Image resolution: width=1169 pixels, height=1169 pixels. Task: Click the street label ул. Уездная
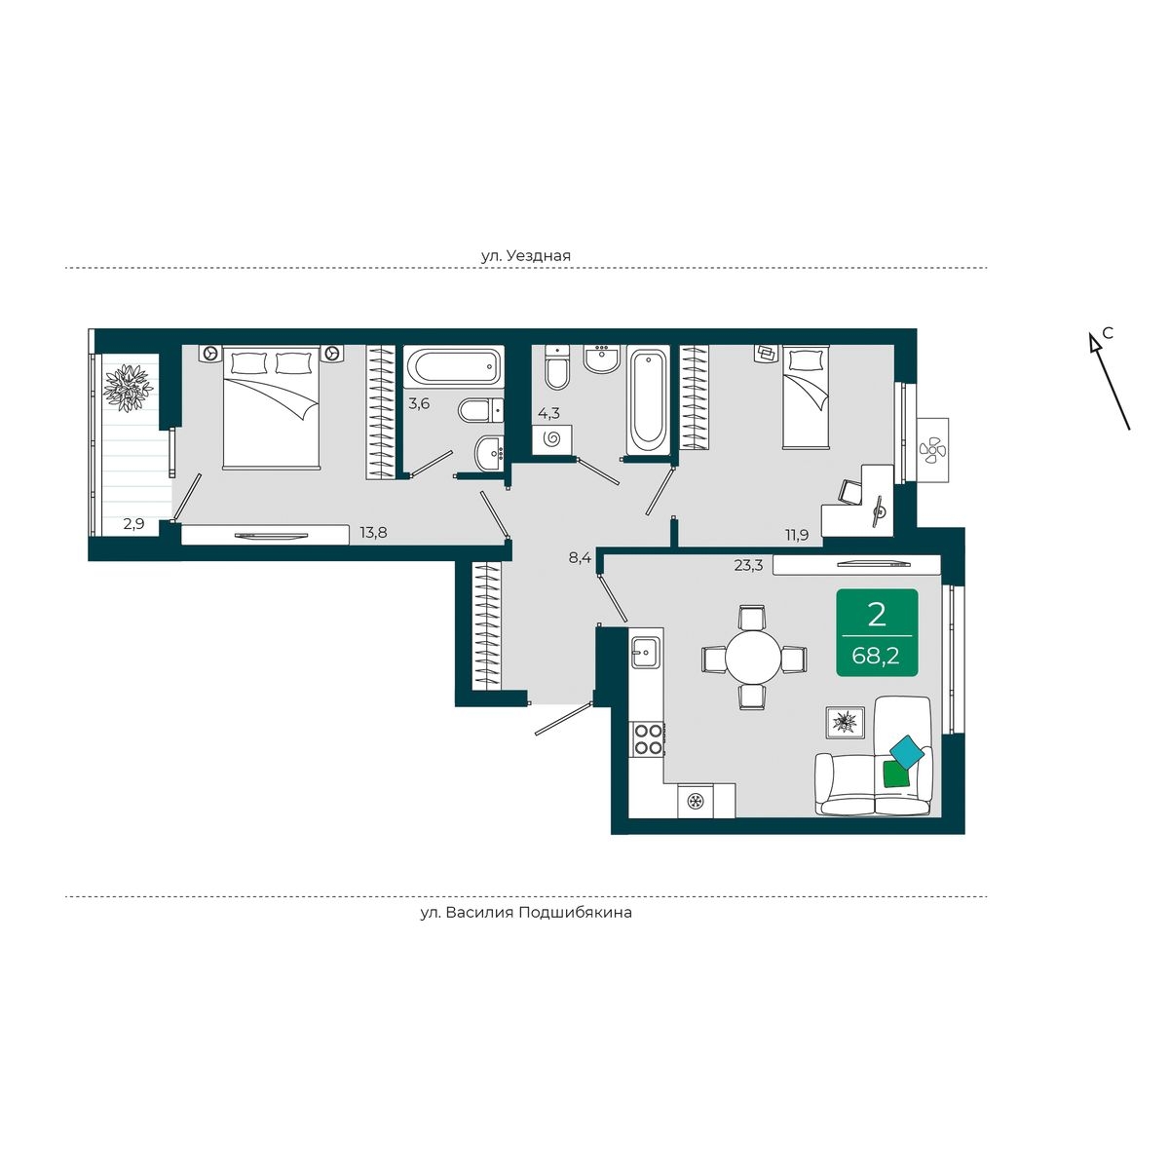pos(526,255)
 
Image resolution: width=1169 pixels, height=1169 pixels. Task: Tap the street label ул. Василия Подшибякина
pos(526,913)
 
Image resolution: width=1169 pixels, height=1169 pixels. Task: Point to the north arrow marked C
pos(1110,380)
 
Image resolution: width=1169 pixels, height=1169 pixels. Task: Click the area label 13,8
pos(373,533)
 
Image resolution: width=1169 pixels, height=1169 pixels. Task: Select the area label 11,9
pos(796,536)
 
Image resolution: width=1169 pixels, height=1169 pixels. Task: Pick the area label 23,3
pos(748,565)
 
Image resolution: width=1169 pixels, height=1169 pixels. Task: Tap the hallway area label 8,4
pos(580,558)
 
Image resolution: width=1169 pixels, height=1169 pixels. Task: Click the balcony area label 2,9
pos(133,524)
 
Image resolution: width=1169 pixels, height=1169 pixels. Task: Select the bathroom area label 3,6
pos(419,403)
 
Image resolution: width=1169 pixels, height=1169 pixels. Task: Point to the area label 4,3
pos(548,414)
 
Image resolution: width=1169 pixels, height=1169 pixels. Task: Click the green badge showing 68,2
pos(877,632)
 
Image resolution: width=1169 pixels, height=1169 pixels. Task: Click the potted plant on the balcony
pos(128,388)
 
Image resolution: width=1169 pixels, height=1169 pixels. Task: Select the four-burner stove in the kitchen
pos(647,739)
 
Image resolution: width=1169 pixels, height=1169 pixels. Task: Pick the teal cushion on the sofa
pos(906,752)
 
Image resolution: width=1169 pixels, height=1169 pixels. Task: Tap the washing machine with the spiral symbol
pos(552,438)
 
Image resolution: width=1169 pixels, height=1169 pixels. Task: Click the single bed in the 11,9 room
pos(805,396)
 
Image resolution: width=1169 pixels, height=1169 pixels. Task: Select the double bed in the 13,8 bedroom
pos(271,406)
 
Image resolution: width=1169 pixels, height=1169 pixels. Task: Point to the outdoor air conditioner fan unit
pos(932,449)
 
